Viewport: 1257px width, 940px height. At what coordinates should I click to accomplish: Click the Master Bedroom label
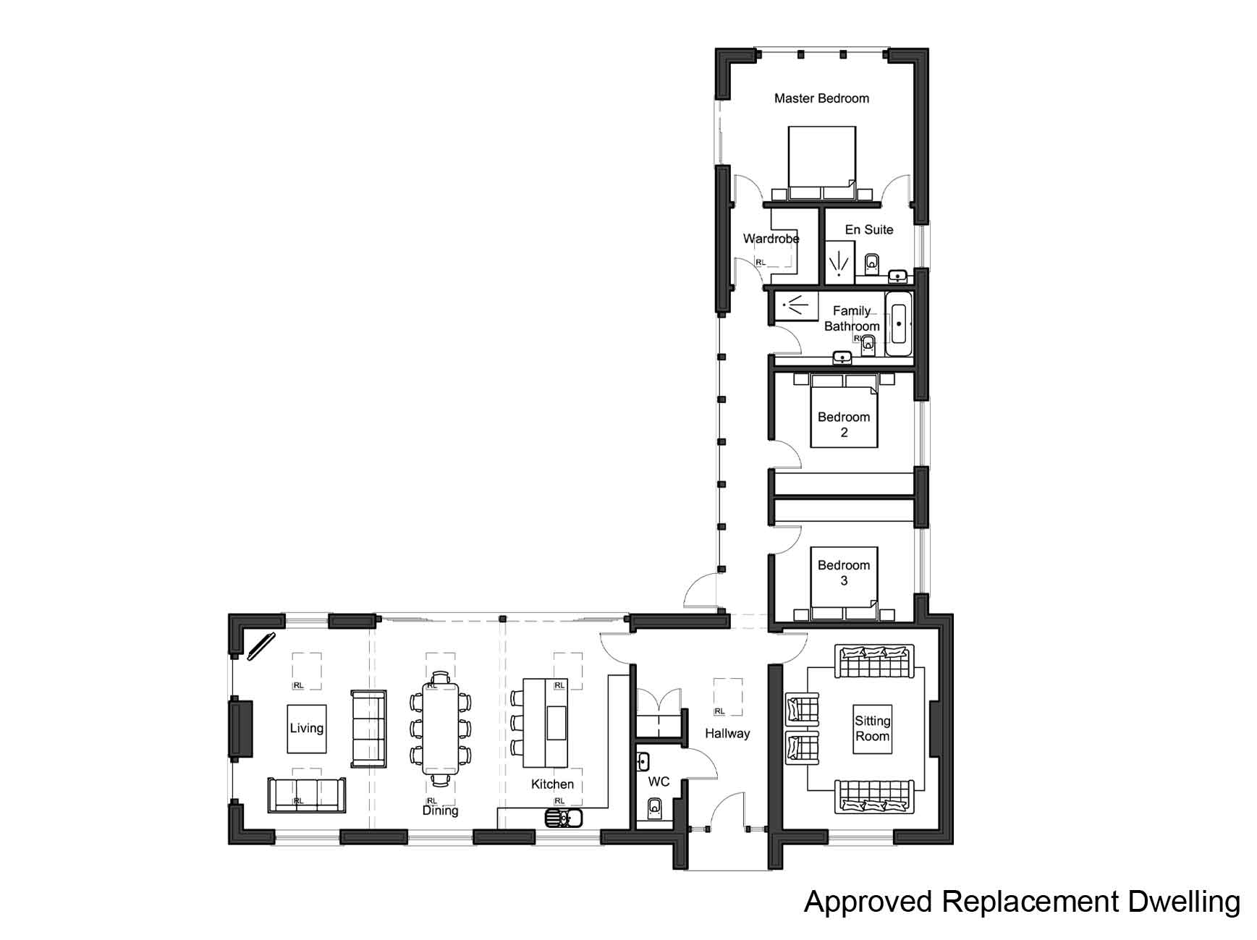[x=821, y=98]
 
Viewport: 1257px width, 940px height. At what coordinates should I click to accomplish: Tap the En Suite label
[x=868, y=229]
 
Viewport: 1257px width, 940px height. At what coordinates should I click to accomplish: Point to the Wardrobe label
[x=771, y=238]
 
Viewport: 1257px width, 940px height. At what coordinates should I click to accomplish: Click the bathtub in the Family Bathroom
[x=898, y=324]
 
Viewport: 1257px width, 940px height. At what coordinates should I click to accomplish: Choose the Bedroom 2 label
[x=843, y=424]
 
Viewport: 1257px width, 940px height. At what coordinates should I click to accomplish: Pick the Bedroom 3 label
[x=843, y=572]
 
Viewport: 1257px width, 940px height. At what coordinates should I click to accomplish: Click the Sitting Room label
[x=872, y=728]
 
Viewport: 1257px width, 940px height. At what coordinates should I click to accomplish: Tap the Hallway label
[x=727, y=733]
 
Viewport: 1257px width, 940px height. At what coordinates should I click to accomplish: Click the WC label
[x=659, y=782]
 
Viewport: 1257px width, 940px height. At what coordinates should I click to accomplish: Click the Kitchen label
[x=552, y=784]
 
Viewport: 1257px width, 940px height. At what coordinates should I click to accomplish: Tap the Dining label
[x=440, y=810]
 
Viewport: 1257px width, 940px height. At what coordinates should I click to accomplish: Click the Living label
[x=306, y=728]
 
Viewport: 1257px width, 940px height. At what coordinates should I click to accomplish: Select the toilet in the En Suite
[x=871, y=263]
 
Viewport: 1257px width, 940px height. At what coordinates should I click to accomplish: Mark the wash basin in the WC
[x=643, y=761]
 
